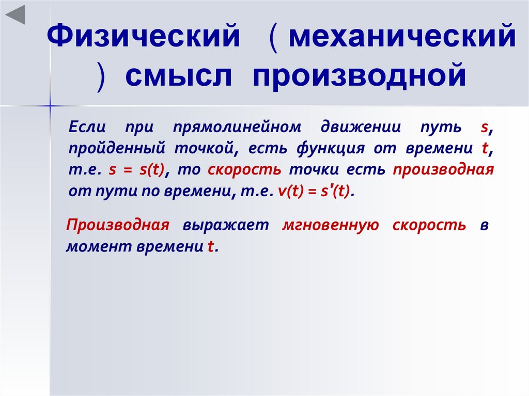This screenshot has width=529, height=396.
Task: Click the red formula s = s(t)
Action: point(140,170)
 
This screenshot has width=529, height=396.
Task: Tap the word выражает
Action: point(225,226)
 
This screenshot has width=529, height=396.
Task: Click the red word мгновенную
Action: point(331,226)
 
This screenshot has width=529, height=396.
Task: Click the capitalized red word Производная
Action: point(118,226)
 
